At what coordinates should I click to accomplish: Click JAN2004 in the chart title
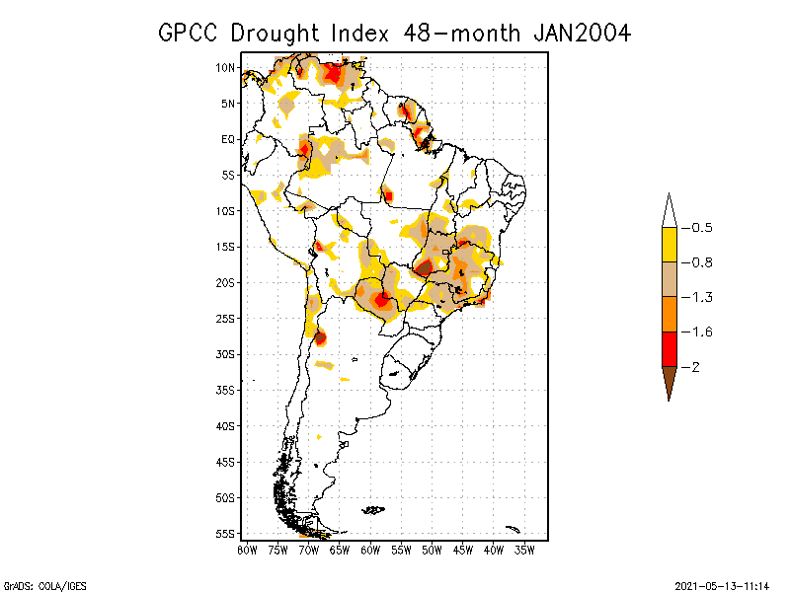[x=582, y=33]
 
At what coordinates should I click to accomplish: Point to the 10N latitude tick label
[x=225, y=68]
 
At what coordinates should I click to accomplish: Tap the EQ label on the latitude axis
[x=228, y=139]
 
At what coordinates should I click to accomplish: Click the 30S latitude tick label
[x=225, y=354]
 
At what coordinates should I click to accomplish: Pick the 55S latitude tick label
[x=225, y=534]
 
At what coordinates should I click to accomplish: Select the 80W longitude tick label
[x=247, y=550]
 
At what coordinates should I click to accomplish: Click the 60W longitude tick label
[x=370, y=550]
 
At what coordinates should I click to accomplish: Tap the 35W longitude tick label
[x=524, y=550]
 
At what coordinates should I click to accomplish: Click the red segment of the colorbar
[x=669, y=348]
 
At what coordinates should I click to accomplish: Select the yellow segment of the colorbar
[x=669, y=245]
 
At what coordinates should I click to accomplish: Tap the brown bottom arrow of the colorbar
[x=669, y=382]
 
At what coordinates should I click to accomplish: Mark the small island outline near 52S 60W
[x=373, y=510]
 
